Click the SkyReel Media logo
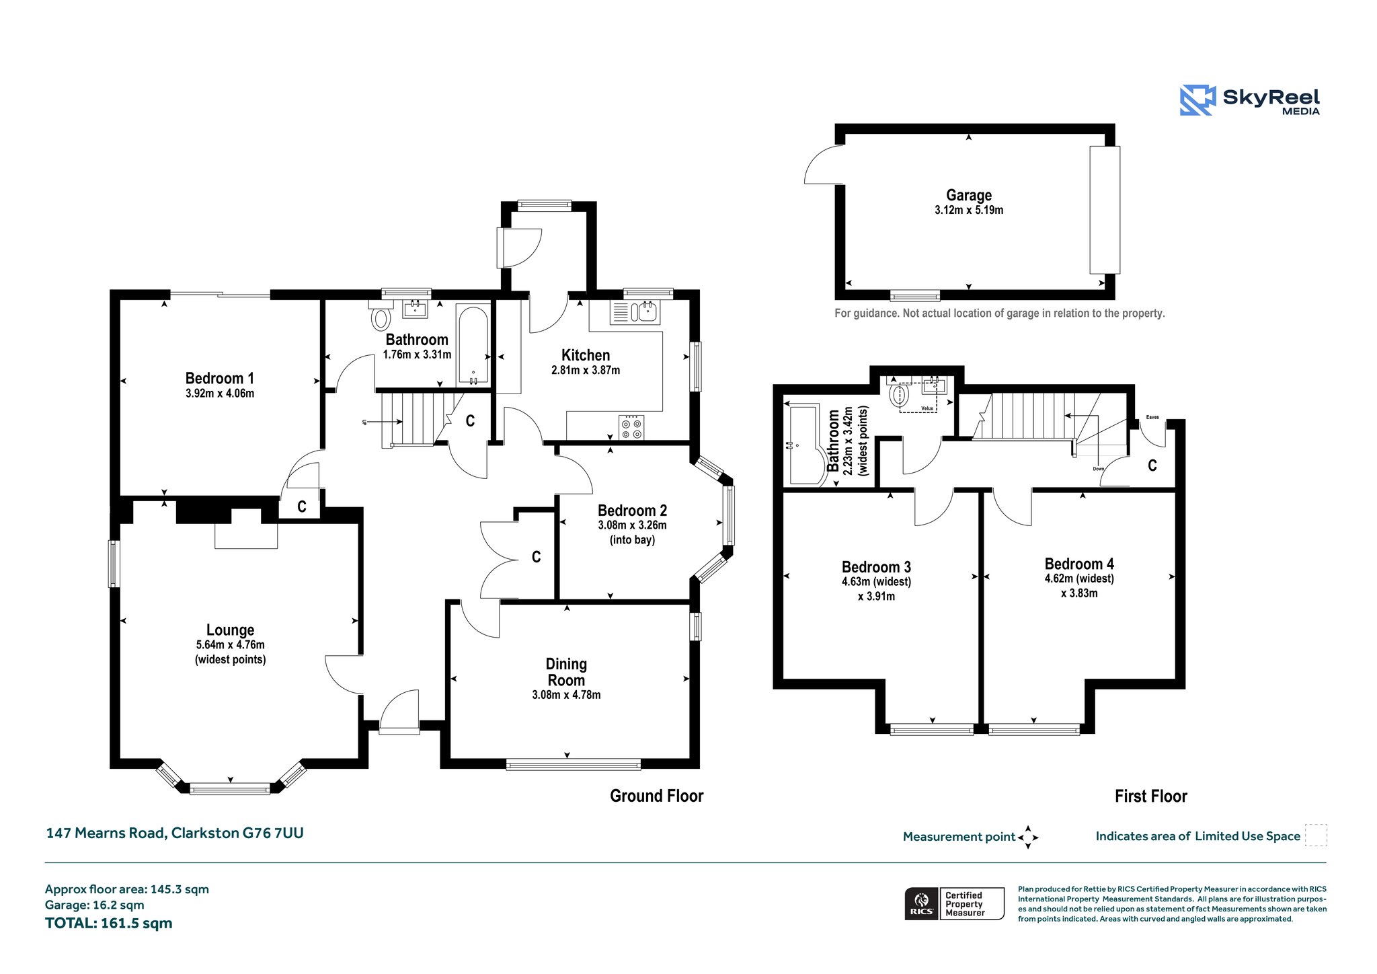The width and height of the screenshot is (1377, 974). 1250,100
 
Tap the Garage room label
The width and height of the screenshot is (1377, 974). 969,195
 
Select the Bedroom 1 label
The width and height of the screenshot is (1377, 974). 220,378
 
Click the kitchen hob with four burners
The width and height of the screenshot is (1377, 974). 631,428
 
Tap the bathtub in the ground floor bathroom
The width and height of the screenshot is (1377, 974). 473,345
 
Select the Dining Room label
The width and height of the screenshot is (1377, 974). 566,672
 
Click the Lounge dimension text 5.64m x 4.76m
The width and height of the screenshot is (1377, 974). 231,644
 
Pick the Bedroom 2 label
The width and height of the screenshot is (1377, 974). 632,511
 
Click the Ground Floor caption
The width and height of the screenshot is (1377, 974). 657,796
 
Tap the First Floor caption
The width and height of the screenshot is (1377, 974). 1151,796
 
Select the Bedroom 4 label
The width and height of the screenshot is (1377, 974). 1079,564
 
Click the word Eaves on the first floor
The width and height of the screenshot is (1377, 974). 1152,417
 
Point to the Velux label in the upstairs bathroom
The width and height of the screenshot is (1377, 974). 927,408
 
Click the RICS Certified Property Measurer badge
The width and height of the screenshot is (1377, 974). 955,903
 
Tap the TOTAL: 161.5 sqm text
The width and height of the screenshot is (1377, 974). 109,923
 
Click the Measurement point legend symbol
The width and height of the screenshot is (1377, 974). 1028,837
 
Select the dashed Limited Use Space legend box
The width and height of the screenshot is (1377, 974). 1316,835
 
